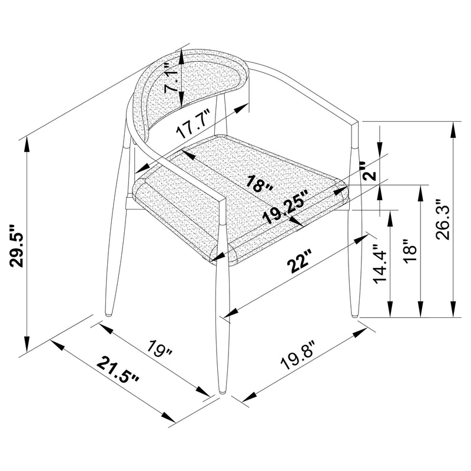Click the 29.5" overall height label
tap(17, 245)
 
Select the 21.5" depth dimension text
tap(118, 372)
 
